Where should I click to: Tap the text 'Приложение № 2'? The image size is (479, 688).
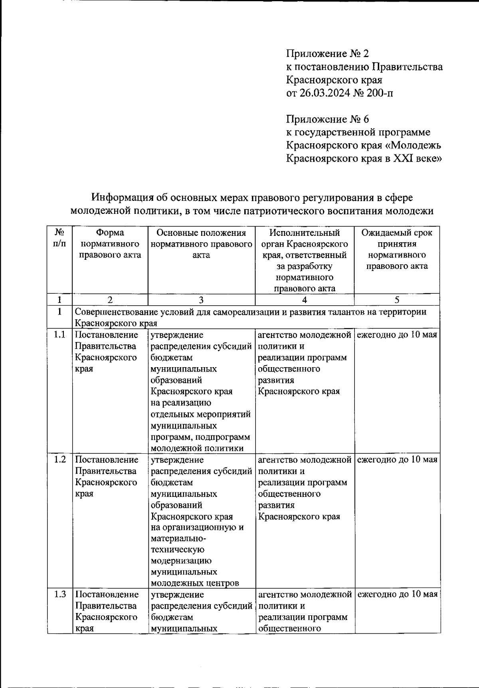(328, 53)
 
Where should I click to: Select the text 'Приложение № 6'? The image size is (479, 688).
(328, 119)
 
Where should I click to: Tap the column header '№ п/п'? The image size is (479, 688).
(59, 238)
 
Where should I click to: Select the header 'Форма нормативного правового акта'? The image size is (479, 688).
(110, 244)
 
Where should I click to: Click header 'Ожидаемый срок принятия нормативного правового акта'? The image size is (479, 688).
(397, 249)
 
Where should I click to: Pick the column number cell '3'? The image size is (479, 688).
(201, 300)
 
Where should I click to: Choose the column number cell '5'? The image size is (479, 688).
(397, 300)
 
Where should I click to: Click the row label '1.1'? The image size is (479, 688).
(59, 335)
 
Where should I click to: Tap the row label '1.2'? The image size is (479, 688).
(59, 460)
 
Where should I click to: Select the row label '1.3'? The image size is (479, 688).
(59, 595)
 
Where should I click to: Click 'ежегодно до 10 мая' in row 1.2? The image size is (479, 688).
(397, 460)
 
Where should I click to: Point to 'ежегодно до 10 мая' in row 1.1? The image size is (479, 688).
(397, 335)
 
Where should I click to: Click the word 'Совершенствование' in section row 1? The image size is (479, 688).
(115, 312)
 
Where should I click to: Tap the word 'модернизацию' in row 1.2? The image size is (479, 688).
(181, 561)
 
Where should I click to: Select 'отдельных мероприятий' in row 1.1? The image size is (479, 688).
(201, 414)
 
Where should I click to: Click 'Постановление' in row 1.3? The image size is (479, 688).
(107, 595)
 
